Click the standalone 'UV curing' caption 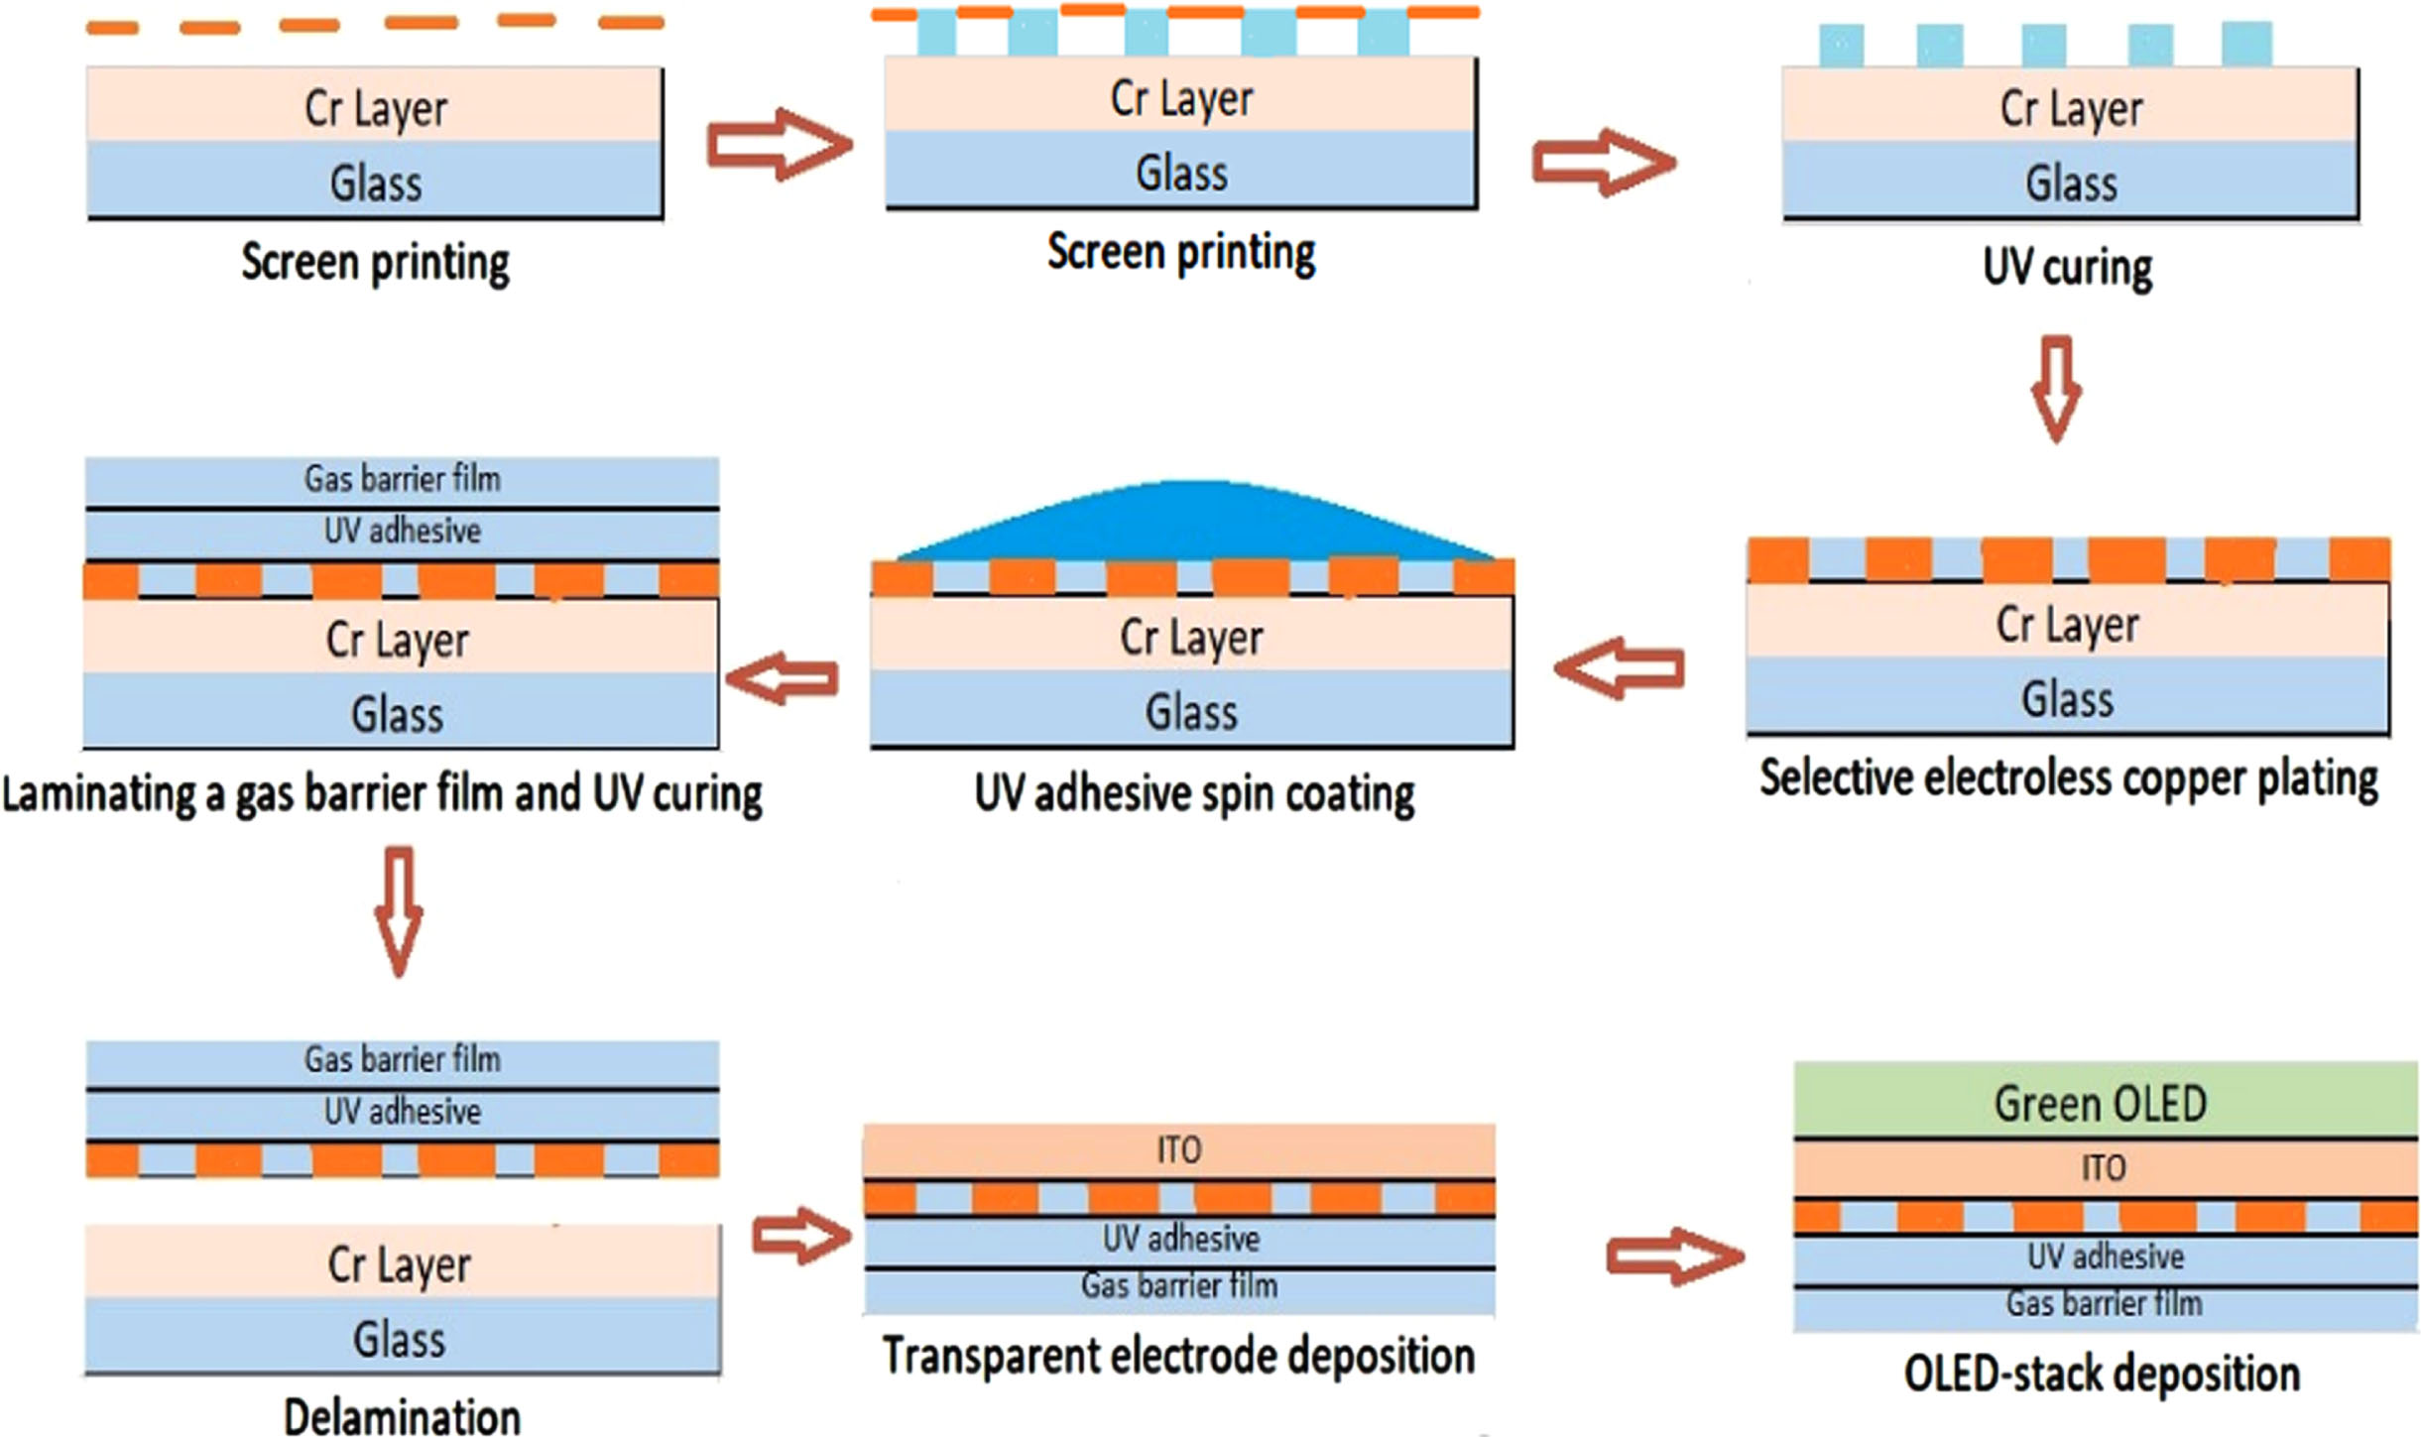pos(2068,268)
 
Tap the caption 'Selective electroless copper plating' pos(2069,779)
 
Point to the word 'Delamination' pos(402,1415)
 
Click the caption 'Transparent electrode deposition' pos(1178,1356)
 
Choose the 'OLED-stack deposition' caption pos(2102,1375)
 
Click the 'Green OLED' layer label pos(2101,1104)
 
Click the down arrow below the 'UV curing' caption pos(2056,389)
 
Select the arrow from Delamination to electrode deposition pos(801,1236)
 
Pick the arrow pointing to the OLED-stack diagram pos(1674,1257)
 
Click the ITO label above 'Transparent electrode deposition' pos(1179,1150)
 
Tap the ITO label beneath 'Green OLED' pos(2104,1168)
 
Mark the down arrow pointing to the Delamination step pos(399,910)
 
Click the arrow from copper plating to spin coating pos(1619,668)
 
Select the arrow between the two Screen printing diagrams pos(780,145)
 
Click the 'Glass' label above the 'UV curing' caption pos(2071,183)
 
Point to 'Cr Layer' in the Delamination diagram pos(399,1265)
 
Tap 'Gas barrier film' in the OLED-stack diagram pos(2105,1303)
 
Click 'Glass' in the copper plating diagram pos(2068,699)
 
